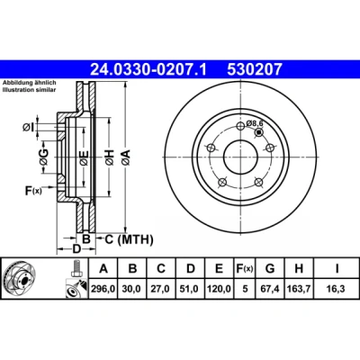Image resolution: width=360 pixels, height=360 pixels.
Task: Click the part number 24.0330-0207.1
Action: pos(148,69)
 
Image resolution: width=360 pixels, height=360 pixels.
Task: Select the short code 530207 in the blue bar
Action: pos(255,69)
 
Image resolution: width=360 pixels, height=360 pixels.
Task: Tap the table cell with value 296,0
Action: pos(103,289)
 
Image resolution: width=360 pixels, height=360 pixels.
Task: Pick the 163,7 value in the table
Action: pos(299,289)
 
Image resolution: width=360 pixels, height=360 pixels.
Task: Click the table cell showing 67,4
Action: pos(270,289)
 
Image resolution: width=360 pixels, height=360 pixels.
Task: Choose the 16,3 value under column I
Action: pos(337,289)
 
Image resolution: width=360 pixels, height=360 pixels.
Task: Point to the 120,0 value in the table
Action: pos(219,289)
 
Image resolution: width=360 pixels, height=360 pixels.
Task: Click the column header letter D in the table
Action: pos(191,269)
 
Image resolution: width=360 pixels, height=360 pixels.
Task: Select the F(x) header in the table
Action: pos(245,269)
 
